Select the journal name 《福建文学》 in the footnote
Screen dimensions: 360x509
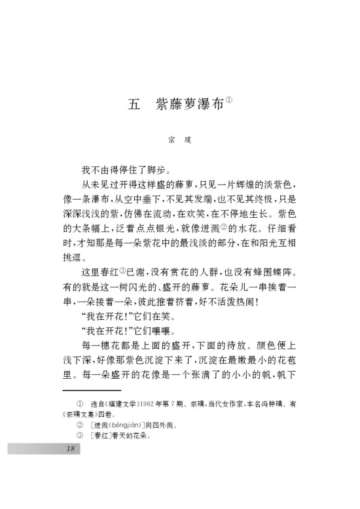[x=122, y=404]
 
